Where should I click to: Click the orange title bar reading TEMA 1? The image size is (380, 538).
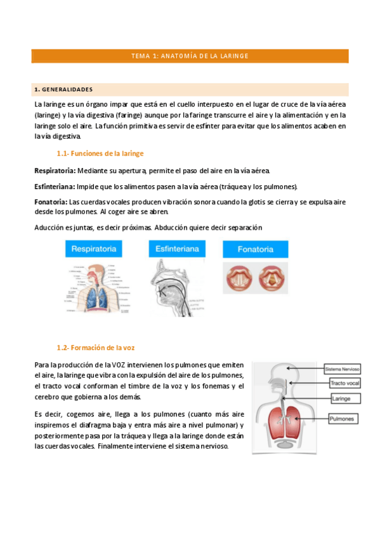(190, 56)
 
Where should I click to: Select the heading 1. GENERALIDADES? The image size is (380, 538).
(63, 89)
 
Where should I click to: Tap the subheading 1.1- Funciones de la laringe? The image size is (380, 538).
(100, 154)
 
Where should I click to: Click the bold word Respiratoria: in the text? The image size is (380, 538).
(55, 171)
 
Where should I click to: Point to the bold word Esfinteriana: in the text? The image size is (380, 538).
(54, 187)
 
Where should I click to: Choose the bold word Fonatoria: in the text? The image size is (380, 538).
(50, 202)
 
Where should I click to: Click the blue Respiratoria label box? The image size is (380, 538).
(94, 249)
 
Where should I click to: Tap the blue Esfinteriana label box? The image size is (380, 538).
(178, 249)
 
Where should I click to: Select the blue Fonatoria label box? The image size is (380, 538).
(256, 249)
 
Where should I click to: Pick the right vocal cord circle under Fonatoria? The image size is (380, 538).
(271, 279)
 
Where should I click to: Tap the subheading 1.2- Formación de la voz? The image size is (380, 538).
(95, 348)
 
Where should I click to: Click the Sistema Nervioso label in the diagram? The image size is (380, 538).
(343, 369)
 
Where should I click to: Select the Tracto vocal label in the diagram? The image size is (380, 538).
(344, 383)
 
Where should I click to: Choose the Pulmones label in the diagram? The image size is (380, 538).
(343, 419)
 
